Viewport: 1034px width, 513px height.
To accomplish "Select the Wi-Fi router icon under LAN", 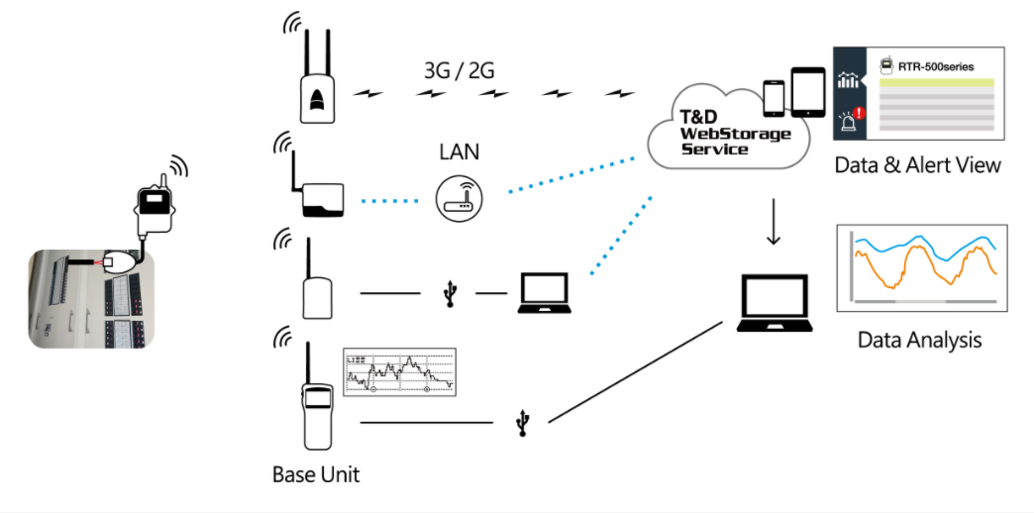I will coord(458,199).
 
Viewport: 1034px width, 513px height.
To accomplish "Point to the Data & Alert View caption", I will coord(917,165).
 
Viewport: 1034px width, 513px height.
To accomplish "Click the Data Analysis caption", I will coord(919,341).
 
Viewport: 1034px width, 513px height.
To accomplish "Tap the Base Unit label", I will coord(315,475).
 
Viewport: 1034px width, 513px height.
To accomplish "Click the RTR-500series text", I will coord(935,66).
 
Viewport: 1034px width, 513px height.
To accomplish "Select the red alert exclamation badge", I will coord(858,114).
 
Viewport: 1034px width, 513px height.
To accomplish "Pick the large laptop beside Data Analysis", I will coord(777,303).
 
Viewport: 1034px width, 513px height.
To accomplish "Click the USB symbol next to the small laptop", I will coord(452,293).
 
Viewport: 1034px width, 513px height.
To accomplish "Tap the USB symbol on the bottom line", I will coord(522,423).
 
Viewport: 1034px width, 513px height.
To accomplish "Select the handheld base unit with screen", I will coord(316,408).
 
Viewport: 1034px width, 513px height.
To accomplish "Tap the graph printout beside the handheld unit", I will coord(398,372).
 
